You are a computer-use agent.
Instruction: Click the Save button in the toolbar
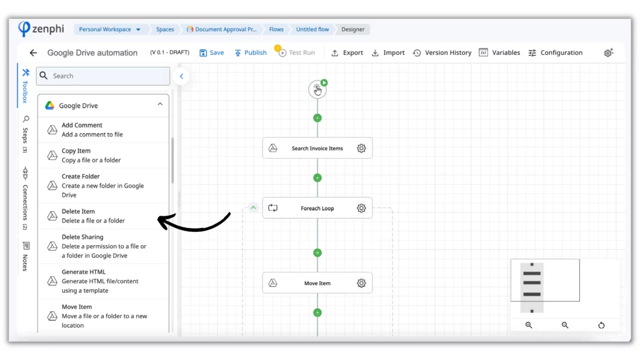click(211, 52)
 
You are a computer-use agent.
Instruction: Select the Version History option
click(442, 52)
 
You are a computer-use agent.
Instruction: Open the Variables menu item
click(499, 52)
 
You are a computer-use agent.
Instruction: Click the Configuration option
click(555, 52)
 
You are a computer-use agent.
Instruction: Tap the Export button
click(347, 52)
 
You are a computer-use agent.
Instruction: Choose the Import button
click(387, 52)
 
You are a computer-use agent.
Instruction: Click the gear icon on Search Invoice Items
click(361, 148)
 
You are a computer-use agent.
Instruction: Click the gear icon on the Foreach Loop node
click(361, 208)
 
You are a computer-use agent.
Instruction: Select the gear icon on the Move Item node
click(361, 283)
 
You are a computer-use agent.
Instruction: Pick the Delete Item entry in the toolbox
click(103, 216)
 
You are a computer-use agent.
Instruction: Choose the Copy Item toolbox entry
click(103, 155)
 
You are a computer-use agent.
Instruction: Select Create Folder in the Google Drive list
click(103, 186)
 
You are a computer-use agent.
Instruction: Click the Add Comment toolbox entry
click(103, 130)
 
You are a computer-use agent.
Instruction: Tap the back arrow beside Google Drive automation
click(33, 52)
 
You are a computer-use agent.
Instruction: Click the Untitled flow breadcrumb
click(312, 29)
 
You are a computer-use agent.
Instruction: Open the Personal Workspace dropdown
click(109, 29)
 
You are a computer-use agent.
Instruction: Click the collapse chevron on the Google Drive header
click(160, 104)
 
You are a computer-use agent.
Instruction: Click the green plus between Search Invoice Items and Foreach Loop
click(317, 178)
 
